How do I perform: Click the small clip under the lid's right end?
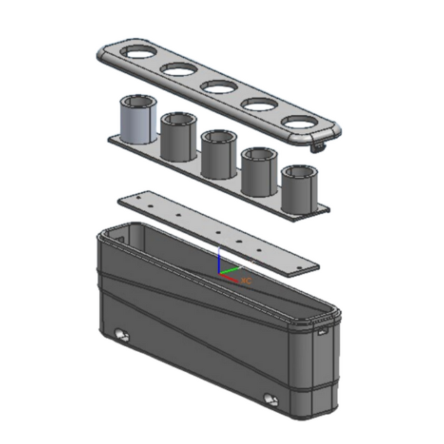(319, 147)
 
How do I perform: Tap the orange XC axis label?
(246, 280)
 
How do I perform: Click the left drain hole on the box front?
(123, 336)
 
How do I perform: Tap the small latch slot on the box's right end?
(323, 332)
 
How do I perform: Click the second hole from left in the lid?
(179, 69)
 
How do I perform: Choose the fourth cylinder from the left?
(259, 172)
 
